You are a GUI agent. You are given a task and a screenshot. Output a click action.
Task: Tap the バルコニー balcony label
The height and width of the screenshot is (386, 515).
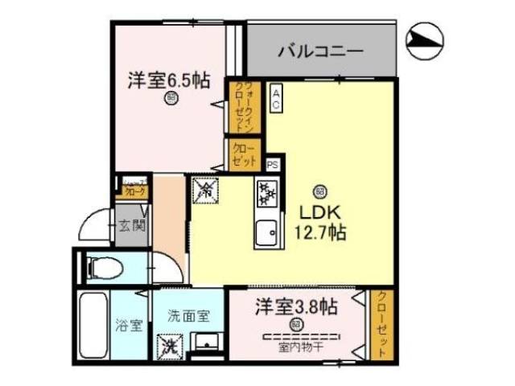(x=321, y=52)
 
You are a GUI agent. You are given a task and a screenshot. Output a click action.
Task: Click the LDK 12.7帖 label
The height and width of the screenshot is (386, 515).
(x=323, y=223)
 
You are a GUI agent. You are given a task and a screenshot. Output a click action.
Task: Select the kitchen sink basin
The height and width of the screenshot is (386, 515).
(x=265, y=235)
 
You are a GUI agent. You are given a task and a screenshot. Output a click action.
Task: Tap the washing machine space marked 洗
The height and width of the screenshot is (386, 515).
(x=171, y=348)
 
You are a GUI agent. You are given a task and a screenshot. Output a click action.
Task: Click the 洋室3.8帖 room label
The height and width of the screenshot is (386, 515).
(x=295, y=306)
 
